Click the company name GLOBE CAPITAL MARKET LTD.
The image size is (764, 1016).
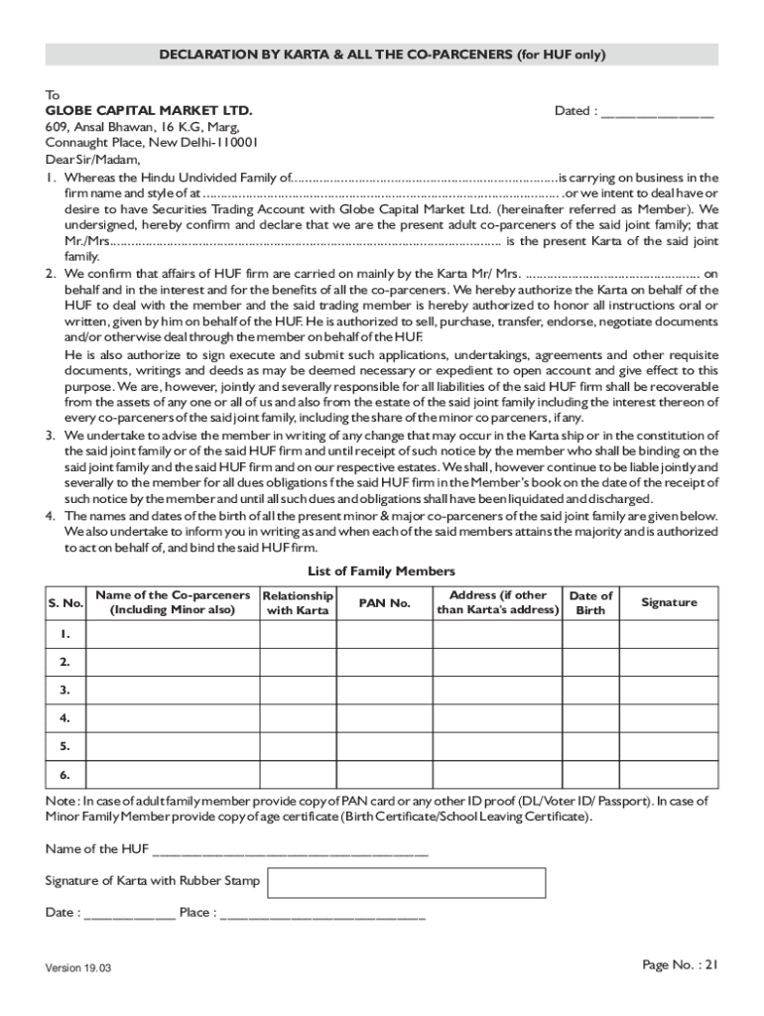click(x=149, y=111)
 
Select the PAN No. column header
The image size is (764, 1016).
click(x=384, y=603)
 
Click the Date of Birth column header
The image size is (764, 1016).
click(x=590, y=603)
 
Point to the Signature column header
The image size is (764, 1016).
click(x=669, y=603)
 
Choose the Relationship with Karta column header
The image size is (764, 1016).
click(x=298, y=603)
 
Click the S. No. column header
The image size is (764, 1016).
click(x=65, y=603)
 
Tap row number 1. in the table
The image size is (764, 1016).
click(x=65, y=634)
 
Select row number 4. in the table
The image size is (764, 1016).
click(x=65, y=716)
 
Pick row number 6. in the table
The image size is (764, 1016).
click(x=65, y=773)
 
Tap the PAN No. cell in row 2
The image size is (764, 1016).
click(x=384, y=662)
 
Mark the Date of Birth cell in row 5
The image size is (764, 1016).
click(x=590, y=745)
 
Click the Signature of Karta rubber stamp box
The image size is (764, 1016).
click(x=407, y=882)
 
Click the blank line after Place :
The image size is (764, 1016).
click(x=322, y=913)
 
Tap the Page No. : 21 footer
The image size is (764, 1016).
click(x=680, y=964)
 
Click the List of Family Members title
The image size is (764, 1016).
click(x=382, y=571)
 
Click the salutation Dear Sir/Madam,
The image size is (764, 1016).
click(x=93, y=159)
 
